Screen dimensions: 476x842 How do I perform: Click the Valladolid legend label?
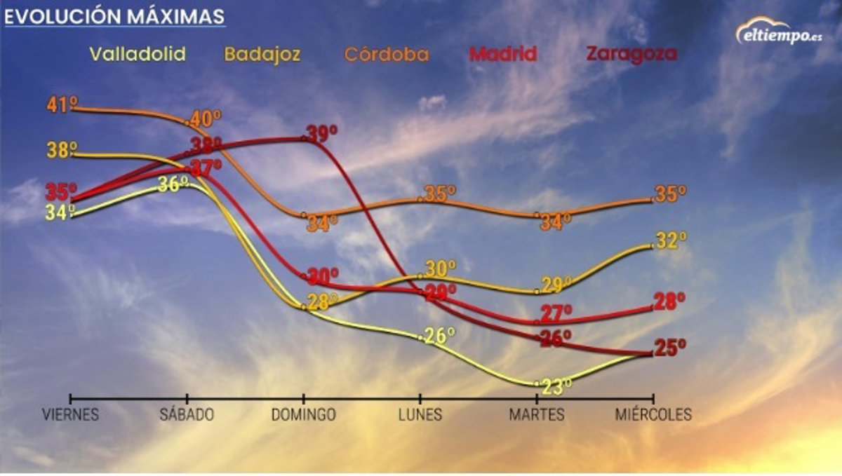click(x=138, y=55)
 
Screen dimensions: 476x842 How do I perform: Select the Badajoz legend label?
click(x=263, y=55)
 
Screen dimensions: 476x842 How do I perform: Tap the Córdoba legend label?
click(x=386, y=55)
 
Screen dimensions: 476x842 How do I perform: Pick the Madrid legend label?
click(x=503, y=54)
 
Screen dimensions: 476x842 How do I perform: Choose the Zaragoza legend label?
click(x=631, y=54)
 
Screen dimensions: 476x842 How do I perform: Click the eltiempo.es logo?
click(x=778, y=32)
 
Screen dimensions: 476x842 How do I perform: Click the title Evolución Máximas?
click(x=115, y=16)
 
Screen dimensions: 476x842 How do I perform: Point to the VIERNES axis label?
click(x=70, y=415)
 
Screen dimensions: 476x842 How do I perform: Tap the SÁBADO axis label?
click(x=187, y=415)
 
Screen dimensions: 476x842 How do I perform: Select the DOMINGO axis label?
click(x=304, y=415)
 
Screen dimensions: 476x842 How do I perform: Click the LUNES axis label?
click(x=420, y=415)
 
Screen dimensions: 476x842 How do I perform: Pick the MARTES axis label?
click(x=537, y=415)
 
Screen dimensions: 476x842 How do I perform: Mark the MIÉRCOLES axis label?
click(x=653, y=415)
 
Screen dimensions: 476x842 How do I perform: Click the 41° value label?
click(x=62, y=105)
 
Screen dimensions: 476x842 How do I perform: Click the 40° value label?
click(x=206, y=117)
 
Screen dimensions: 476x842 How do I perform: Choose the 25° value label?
click(x=670, y=348)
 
